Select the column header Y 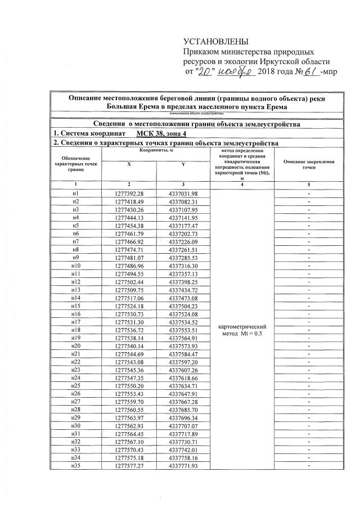point(183,164)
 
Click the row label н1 point(75,193)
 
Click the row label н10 point(75,265)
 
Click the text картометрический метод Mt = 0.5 point(241,330)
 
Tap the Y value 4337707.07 point(183,425)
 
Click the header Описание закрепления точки point(309,164)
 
